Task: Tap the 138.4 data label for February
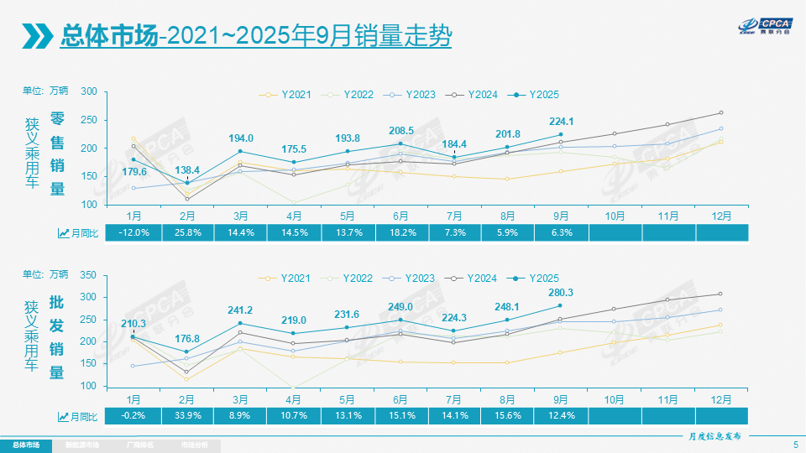187,169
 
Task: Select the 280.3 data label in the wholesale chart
560,292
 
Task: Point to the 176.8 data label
187,339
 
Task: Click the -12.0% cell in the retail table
134,232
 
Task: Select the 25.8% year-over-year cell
187,232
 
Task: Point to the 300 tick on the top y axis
89,92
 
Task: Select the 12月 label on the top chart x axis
721,216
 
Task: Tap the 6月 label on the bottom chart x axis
400,398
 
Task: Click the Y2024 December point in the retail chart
721,112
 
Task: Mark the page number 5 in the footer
795,444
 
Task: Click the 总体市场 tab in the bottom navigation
25,445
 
